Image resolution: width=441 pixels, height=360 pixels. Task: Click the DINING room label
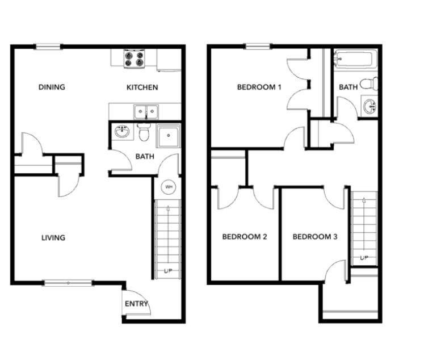click(52, 87)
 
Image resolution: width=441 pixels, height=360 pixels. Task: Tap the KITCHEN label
click(142, 87)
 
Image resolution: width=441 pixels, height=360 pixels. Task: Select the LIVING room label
click(53, 238)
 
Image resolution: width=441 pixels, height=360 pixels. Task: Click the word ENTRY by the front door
click(136, 304)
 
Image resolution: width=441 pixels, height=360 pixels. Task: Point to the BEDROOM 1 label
click(259, 87)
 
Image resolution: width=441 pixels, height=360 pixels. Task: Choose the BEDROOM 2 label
click(245, 236)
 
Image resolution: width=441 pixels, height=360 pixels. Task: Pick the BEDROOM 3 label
click(315, 236)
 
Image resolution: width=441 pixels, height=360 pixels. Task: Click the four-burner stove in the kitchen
click(134, 58)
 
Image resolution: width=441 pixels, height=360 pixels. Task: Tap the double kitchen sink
click(146, 112)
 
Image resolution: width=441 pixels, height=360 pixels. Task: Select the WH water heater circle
click(168, 187)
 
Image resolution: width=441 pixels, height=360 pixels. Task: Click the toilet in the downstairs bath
click(144, 132)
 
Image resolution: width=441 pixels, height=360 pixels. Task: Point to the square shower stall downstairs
click(169, 136)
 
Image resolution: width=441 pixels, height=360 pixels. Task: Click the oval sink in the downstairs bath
click(123, 132)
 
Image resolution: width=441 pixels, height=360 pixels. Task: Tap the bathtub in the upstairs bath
click(355, 58)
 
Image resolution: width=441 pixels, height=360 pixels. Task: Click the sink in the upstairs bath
click(370, 106)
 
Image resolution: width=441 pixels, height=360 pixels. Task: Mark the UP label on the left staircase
click(168, 271)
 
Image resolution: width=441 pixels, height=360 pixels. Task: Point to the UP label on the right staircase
click(364, 258)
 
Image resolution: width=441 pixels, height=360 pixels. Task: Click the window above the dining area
click(48, 47)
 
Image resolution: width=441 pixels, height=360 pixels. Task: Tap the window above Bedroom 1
click(258, 47)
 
